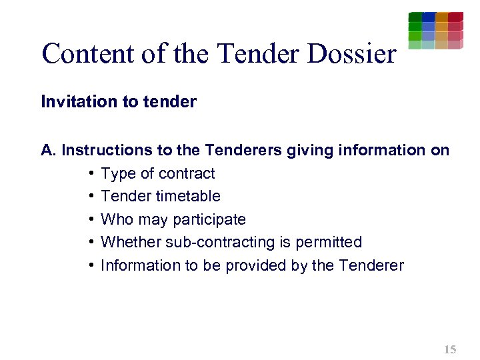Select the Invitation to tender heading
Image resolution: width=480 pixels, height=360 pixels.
119,102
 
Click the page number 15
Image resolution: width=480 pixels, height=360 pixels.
450,349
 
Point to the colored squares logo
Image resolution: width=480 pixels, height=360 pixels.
435,31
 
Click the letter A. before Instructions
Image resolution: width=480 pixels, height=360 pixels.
49,151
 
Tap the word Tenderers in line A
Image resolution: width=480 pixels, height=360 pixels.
243,151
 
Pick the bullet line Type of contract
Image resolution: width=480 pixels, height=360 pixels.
157,174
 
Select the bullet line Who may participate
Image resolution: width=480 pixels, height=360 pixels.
173,220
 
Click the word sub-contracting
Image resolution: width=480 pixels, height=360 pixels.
221,243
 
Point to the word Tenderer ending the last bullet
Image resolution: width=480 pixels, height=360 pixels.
371,265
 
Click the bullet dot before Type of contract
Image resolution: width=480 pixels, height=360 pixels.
90,174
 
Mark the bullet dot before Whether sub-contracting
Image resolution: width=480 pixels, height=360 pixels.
90,243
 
